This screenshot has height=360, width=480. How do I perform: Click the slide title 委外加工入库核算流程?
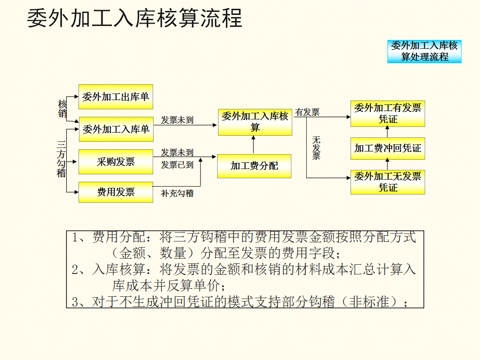click(x=135, y=19)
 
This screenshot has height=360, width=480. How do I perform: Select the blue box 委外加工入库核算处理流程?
click(x=424, y=51)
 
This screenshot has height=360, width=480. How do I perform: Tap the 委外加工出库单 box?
click(x=116, y=97)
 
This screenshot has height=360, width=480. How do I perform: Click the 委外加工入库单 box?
click(x=116, y=129)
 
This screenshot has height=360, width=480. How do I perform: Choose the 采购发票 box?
click(x=116, y=162)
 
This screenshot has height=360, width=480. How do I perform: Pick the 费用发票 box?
click(x=116, y=192)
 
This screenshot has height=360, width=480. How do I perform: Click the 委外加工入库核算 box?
click(x=255, y=122)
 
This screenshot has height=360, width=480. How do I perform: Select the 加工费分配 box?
click(x=254, y=166)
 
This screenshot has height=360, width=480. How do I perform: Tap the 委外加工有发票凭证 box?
click(x=387, y=114)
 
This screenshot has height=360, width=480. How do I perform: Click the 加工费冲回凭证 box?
click(x=387, y=148)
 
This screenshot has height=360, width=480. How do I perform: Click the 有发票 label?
click(x=307, y=112)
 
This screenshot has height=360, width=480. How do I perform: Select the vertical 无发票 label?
click(x=316, y=148)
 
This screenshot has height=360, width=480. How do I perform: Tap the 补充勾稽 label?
click(x=177, y=193)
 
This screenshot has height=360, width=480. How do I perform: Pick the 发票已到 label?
click(x=177, y=165)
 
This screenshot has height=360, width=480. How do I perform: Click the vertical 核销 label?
click(x=62, y=109)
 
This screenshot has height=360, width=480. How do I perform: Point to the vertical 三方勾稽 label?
click(x=61, y=159)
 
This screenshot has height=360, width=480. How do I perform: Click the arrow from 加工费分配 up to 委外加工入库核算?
click(x=253, y=144)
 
